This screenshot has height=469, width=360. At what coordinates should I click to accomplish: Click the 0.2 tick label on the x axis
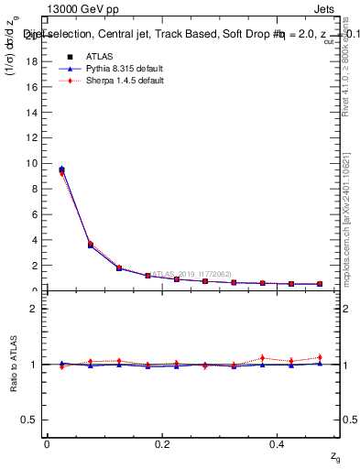pos(162,443)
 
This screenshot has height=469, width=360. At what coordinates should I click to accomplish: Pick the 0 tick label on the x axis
pos(47,443)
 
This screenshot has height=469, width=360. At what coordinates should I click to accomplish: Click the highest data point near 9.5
pos(61,169)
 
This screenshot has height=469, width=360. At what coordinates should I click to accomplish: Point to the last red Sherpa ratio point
pos(320,357)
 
